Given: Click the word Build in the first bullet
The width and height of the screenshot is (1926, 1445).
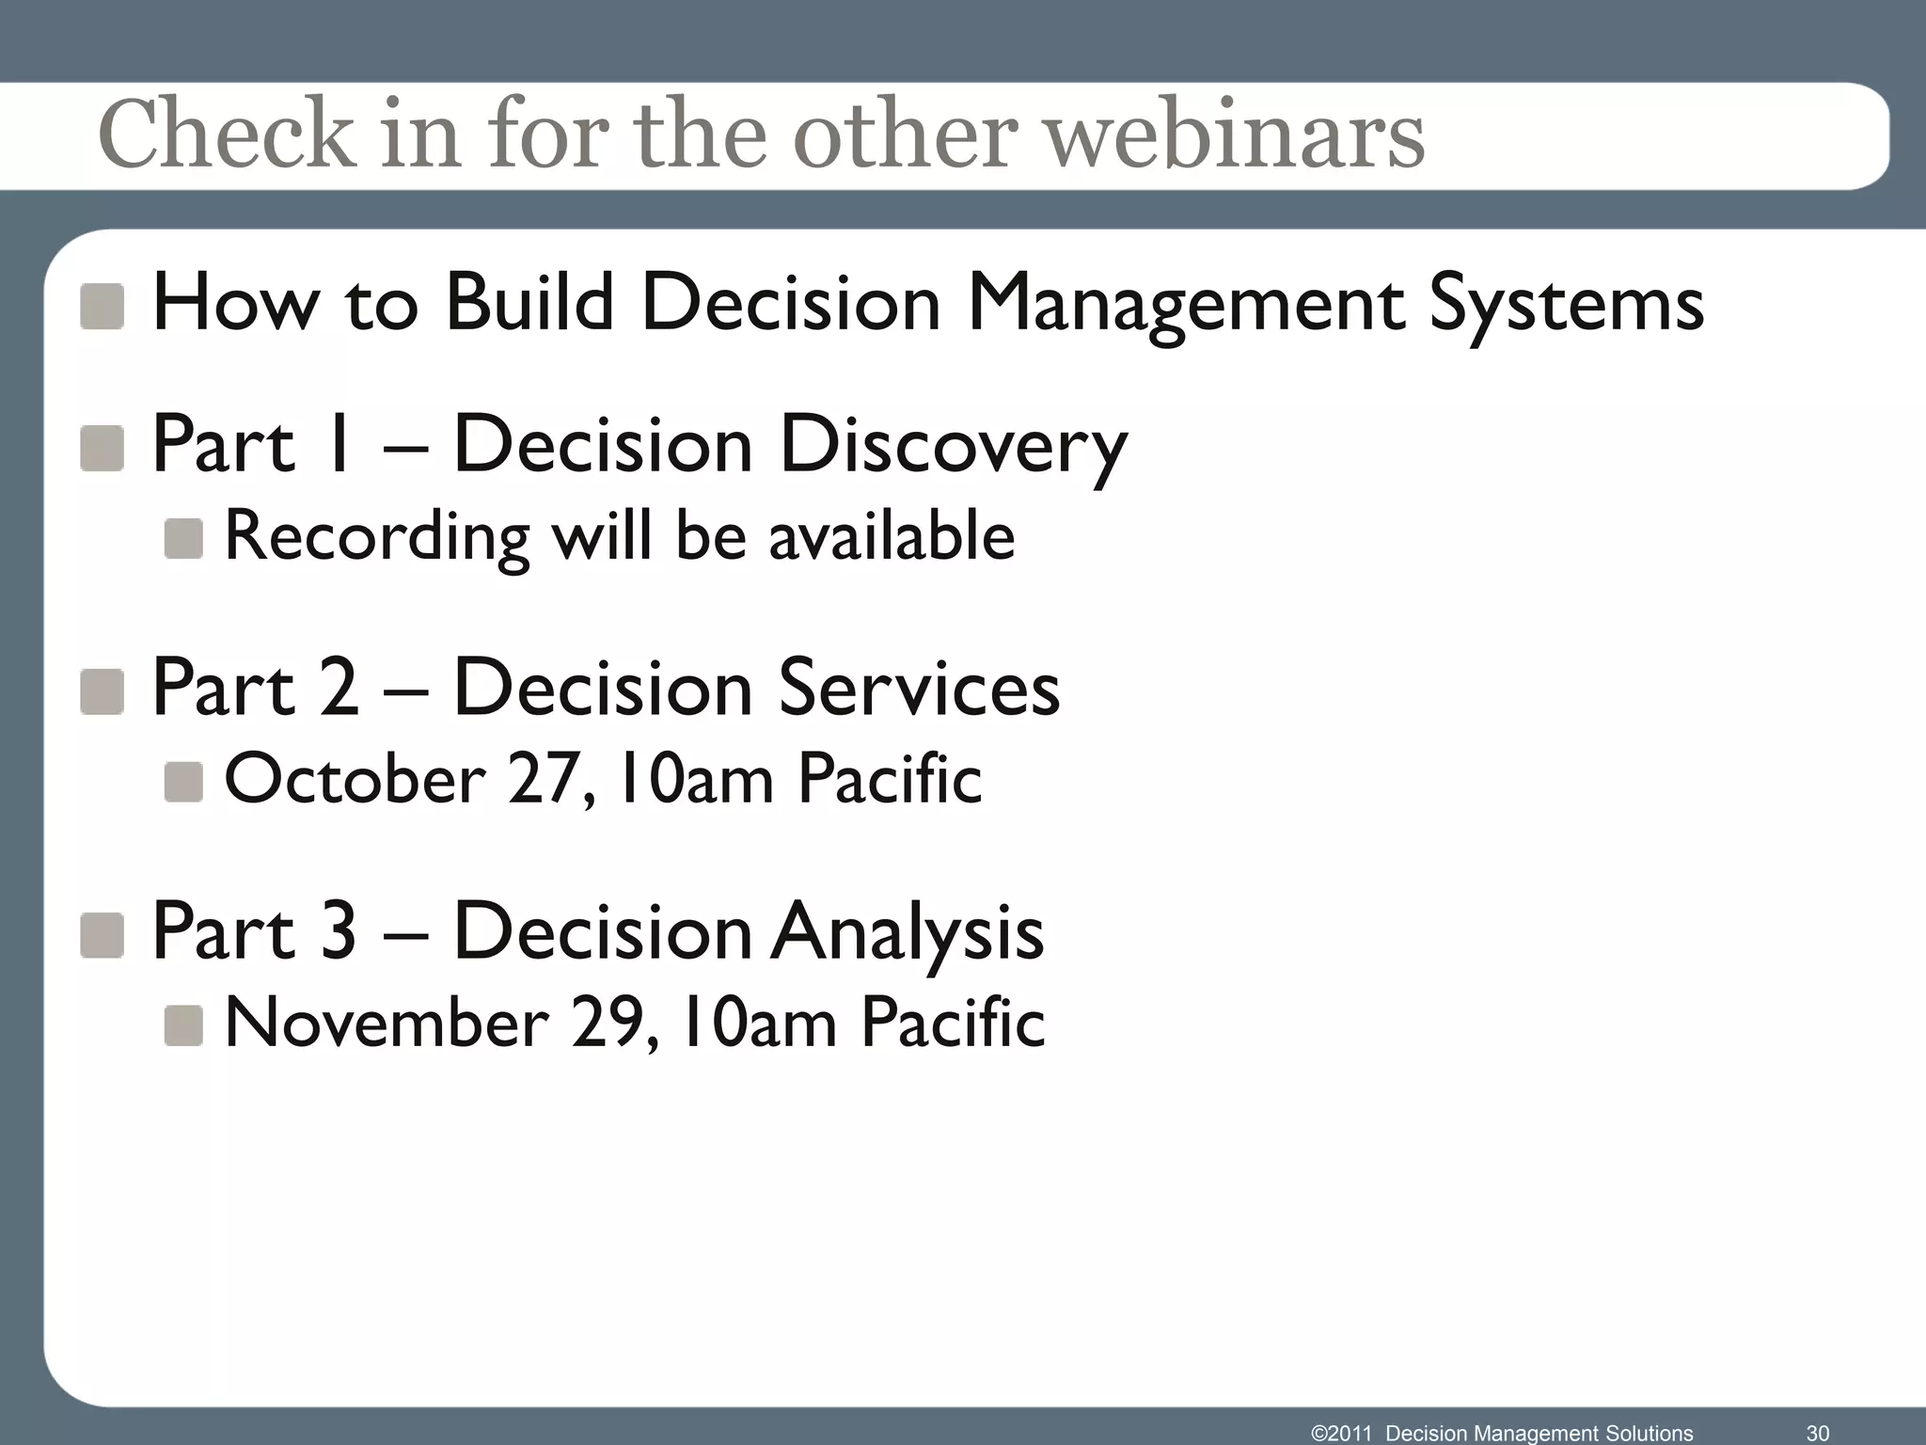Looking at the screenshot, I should pos(529,302).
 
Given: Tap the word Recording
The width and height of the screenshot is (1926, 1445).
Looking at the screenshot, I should pos(377,537).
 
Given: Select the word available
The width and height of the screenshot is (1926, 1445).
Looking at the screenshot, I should pos(892,535).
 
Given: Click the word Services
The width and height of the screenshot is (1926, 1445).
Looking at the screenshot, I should pos(919,688).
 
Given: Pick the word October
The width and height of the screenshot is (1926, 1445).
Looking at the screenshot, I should pos(355,780).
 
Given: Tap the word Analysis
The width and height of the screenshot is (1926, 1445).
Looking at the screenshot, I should pos(908,932).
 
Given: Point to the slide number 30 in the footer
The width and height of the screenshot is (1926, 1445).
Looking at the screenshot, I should pos(1817,1433).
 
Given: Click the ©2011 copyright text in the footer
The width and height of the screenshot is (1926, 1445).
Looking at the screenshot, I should pos(1341,1433).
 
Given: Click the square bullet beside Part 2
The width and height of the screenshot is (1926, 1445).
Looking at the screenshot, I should pos(102,691).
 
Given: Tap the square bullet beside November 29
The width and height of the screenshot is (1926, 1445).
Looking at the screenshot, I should pos(183,1025).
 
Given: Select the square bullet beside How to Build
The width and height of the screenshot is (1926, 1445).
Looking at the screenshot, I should pos(102,307).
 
